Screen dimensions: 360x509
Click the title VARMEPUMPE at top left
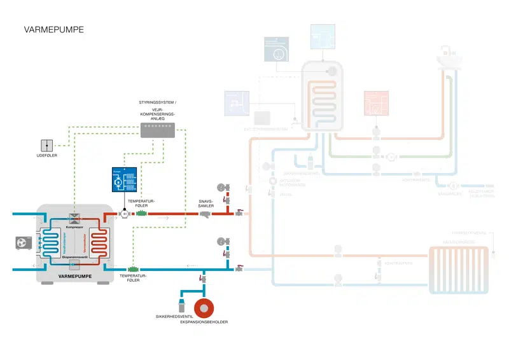[54, 29]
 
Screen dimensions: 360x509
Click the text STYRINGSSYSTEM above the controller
[157, 102]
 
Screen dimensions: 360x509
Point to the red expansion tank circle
[204, 309]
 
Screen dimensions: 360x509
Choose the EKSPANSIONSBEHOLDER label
[204, 322]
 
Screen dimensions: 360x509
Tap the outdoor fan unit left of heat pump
[23, 242]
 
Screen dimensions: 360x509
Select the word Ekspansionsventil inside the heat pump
[75, 256]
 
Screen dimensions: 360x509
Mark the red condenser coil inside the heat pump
[101, 242]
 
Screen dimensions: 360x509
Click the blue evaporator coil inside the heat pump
[53, 242]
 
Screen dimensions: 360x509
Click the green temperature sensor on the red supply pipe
[142, 214]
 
